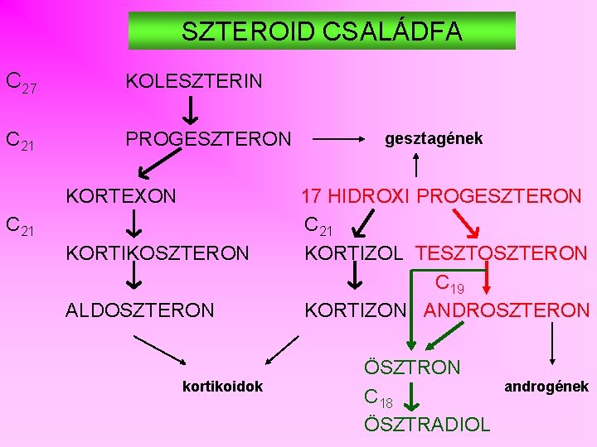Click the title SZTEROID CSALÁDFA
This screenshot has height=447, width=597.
point(322,31)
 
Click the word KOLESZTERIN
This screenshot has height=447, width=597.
point(194,80)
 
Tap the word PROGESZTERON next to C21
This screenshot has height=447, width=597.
point(208,139)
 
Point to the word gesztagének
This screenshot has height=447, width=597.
point(434,138)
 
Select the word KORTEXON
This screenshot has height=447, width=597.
point(121,196)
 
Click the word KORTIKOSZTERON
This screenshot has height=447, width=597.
point(157,253)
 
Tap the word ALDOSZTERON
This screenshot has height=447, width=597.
point(139,310)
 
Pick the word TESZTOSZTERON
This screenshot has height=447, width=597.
point(501,253)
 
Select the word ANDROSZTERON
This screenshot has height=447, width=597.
point(506,310)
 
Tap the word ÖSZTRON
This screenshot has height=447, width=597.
point(412,367)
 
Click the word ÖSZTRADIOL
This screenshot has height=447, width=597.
point(427,425)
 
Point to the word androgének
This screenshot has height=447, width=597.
point(547,387)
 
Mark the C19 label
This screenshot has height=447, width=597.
point(449,285)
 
